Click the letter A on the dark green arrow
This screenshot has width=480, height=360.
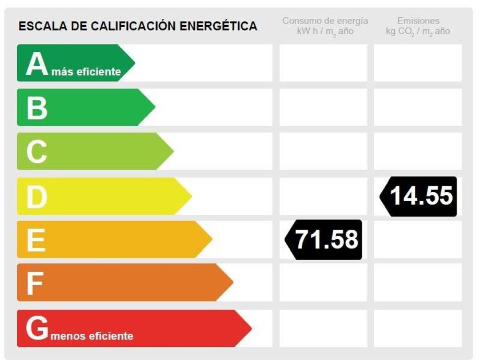37,63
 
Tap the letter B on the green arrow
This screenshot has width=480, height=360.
37,107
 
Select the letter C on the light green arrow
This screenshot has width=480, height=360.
37,151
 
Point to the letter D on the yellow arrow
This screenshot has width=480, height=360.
37,196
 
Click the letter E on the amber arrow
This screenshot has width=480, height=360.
35,240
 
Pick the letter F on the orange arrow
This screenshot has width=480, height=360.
34,283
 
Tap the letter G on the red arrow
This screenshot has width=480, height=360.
37,329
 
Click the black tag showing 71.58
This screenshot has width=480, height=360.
324,239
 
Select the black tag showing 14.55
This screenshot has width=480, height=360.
419,196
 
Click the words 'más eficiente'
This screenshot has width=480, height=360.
86,72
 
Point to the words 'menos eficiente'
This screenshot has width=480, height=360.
92,336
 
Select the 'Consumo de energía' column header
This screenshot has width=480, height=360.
325,21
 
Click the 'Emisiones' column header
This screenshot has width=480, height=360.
418,21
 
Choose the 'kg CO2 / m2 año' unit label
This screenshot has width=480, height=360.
418,31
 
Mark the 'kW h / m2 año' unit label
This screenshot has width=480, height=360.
325,31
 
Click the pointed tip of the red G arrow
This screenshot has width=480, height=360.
250,329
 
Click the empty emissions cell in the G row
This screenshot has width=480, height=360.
418,328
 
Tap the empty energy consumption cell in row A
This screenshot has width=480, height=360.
323,63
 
